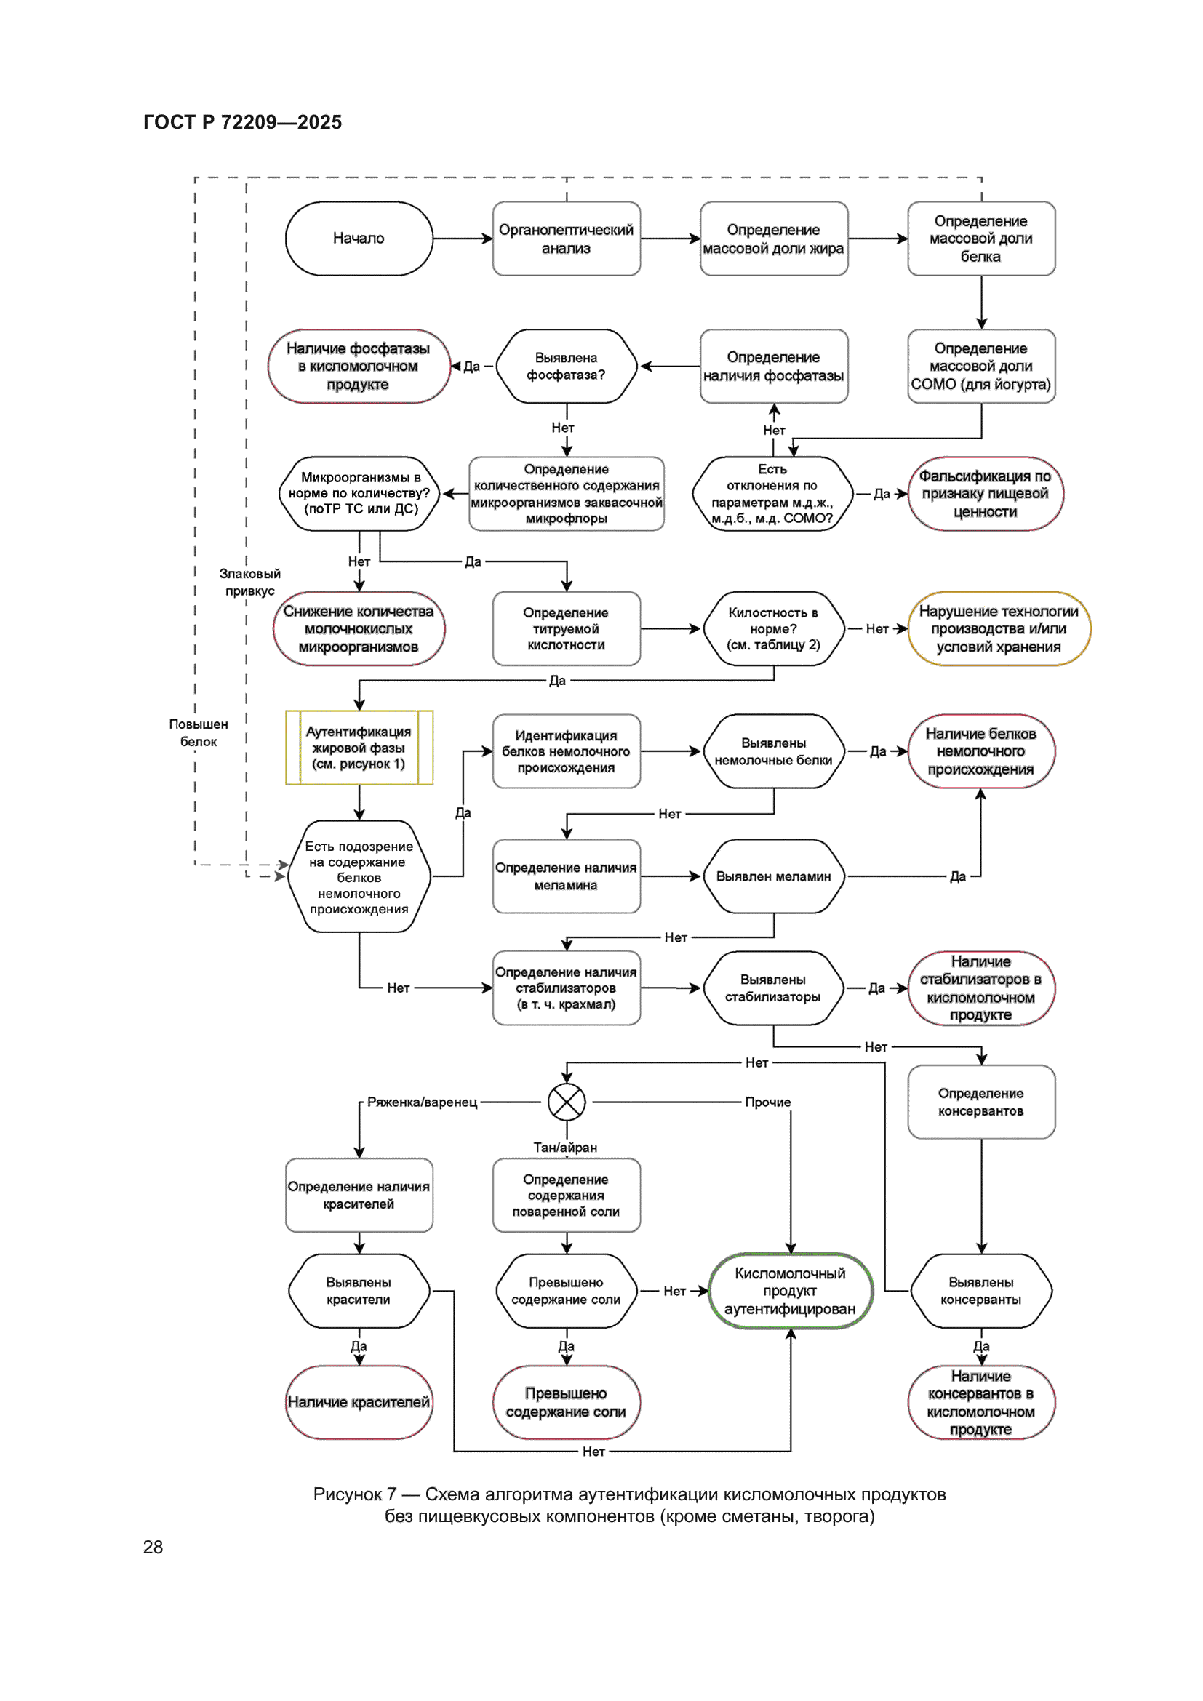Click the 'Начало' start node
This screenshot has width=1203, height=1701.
tap(359, 239)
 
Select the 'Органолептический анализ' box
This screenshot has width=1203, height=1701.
tap(566, 239)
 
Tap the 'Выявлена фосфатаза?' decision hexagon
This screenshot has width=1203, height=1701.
tap(566, 366)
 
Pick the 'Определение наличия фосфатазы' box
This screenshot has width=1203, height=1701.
tap(773, 366)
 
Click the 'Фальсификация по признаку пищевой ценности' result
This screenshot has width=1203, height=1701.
tap(985, 493)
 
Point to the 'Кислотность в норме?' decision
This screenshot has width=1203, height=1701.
tap(773, 628)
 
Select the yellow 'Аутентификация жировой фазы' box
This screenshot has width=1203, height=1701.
tap(359, 748)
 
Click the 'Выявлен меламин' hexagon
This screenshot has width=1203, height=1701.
tap(773, 876)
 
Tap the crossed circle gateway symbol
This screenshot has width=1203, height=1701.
tap(567, 1102)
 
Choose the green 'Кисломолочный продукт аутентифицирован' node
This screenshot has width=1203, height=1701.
tap(791, 1291)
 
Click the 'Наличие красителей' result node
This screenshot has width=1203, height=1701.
tap(359, 1401)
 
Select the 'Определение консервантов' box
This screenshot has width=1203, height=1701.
tap(980, 1102)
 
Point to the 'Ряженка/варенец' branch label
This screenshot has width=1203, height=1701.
tap(423, 1102)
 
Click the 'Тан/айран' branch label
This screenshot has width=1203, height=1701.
tap(565, 1147)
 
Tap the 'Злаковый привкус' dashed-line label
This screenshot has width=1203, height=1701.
tap(249, 582)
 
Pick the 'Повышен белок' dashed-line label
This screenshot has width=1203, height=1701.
tap(199, 732)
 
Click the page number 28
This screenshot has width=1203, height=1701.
tap(153, 1547)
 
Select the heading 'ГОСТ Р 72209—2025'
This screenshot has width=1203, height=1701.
tap(242, 122)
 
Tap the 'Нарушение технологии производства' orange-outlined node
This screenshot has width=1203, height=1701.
tap(999, 628)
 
